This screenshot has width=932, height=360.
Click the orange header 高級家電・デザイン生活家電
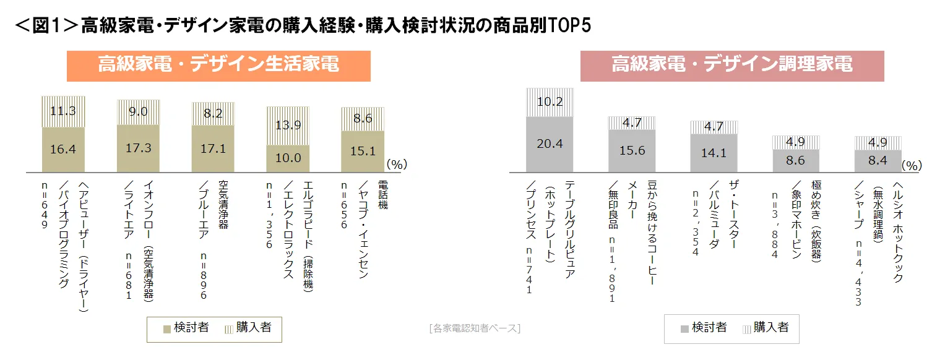point(218,65)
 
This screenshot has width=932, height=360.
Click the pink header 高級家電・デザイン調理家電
point(731,65)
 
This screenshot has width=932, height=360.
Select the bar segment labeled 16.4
point(63,149)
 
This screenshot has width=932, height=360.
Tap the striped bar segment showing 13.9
point(288,126)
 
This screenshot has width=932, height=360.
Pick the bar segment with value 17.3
point(138,148)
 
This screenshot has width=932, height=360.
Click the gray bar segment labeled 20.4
point(550,144)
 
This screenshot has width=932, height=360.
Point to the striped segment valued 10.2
point(550,102)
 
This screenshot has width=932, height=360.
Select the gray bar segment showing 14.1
point(714,153)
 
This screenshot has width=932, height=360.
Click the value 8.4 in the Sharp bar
point(878,160)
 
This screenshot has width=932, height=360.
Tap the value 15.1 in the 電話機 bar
point(362,151)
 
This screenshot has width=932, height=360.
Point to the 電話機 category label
point(382,195)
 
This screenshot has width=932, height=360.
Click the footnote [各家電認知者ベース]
point(474,328)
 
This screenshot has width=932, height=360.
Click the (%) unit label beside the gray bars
point(912,166)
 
